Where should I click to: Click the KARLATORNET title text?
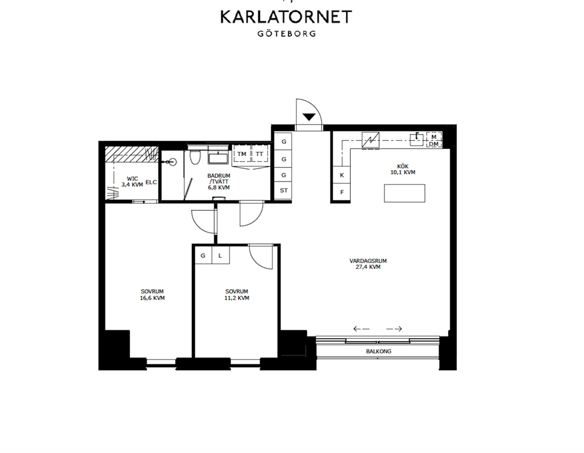point(286,16)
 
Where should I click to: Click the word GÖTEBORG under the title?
point(287,34)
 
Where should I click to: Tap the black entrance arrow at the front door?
point(308,117)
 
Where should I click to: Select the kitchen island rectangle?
point(404,193)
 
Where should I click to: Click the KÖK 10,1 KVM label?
point(403,170)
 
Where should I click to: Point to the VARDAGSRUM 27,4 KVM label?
point(368,264)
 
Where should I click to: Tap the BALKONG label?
point(379,351)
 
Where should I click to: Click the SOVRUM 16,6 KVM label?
point(152,295)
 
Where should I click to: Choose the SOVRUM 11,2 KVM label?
point(237,295)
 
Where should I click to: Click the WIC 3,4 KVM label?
point(132,182)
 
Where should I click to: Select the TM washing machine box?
point(242,154)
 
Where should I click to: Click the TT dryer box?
point(260,154)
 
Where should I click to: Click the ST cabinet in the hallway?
point(284,191)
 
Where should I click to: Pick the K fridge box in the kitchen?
point(342,175)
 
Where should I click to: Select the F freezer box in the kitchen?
point(342,192)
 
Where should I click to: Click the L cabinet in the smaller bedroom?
point(221,256)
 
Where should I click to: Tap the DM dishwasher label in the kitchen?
point(434,144)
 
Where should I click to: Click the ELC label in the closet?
point(151,183)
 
